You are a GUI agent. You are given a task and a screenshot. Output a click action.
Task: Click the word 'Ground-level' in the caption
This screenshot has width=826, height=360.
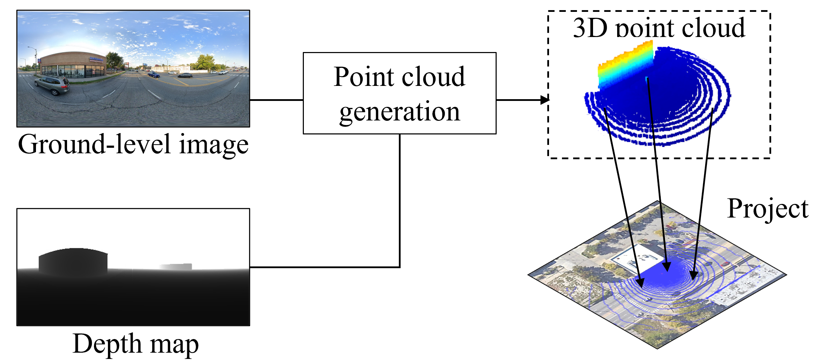pos(94,145)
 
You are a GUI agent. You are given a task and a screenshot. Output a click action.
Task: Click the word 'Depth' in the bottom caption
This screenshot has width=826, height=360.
pos(107,344)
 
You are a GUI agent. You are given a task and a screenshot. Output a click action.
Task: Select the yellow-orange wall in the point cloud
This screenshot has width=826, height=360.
pos(625,65)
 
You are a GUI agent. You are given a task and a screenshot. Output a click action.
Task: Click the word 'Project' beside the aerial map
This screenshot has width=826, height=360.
pos(768,209)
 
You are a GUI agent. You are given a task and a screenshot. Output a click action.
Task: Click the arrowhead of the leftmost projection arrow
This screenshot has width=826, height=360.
pos(640,282)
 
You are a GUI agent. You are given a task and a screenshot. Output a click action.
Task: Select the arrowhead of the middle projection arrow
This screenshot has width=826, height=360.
pos(667,266)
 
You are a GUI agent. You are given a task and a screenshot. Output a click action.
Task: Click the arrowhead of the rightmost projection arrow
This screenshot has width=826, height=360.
pos(694,275)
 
